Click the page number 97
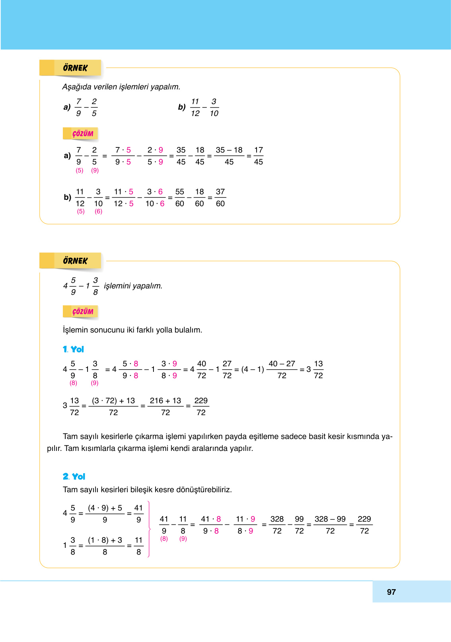point(391,592)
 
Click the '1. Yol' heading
point(74,349)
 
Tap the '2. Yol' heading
point(74,476)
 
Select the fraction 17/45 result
point(259,156)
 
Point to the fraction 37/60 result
point(220,197)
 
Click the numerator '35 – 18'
point(229,150)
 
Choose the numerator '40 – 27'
point(282,364)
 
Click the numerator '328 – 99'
point(330,519)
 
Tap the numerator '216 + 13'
point(165,401)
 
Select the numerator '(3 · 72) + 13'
point(113,401)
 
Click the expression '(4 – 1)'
point(253,369)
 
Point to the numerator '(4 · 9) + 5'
point(105,508)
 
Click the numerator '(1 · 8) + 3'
point(105,540)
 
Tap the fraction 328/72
point(277,525)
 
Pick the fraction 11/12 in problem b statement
point(195,107)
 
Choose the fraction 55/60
point(180,197)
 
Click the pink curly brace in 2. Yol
point(149,529)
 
